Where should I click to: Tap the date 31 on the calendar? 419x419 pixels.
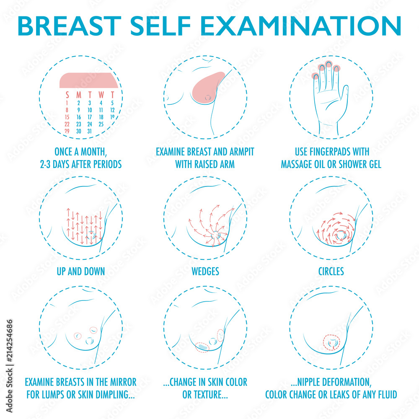[x=89, y=131]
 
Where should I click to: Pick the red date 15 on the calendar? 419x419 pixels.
[x=67, y=117]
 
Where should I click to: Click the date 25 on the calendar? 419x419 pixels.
[x=101, y=124]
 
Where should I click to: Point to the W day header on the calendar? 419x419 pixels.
[x=101, y=95]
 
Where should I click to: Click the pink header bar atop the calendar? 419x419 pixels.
[x=88, y=80]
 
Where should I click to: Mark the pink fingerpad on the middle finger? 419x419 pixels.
[x=329, y=65]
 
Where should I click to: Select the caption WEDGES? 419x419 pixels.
[x=205, y=272]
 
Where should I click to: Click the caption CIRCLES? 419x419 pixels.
[x=331, y=272]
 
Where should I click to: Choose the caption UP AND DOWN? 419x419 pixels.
[x=80, y=272]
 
